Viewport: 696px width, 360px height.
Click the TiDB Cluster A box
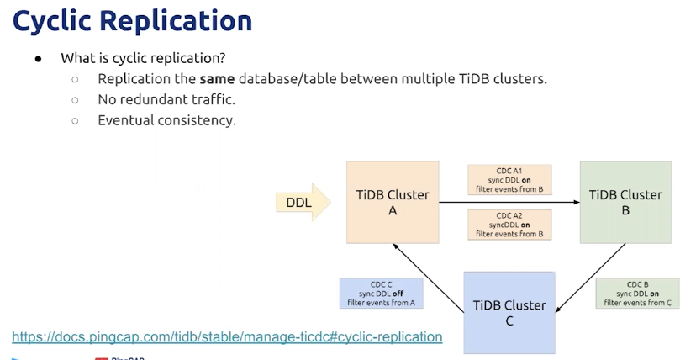[x=393, y=202]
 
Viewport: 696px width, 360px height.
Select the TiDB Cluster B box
[x=625, y=202]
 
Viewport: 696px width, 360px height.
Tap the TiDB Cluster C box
[x=509, y=313]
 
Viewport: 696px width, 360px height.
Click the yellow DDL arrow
[x=303, y=203]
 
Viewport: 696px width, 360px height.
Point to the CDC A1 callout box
[x=509, y=180]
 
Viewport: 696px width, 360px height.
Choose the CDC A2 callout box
[x=509, y=225]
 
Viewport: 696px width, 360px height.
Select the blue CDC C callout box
[x=382, y=293]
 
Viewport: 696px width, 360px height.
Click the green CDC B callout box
[x=637, y=293]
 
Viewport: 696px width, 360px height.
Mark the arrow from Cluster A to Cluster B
[x=509, y=203]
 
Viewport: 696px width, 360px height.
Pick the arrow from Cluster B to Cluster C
[x=590, y=278]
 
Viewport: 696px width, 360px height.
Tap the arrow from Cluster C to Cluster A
[x=429, y=278]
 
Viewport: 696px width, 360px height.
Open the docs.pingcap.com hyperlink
[x=227, y=337]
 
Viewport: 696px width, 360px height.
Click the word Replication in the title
[x=176, y=21]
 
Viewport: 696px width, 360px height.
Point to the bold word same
[x=217, y=79]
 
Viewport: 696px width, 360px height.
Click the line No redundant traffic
[x=166, y=99]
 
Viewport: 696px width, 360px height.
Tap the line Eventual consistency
[x=167, y=120]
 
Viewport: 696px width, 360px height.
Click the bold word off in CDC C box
[x=398, y=294]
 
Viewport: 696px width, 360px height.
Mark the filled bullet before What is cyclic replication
[x=38, y=59]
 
